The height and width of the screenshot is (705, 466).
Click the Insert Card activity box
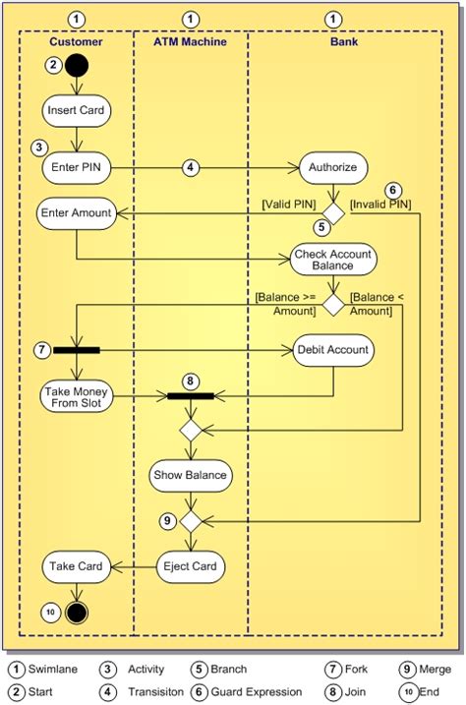coord(76,110)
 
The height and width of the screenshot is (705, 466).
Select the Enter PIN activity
coord(76,168)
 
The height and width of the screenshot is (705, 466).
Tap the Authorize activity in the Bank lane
coord(333,168)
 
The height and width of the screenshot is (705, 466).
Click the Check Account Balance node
coord(333,260)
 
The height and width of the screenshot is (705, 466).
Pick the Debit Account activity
coord(333,350)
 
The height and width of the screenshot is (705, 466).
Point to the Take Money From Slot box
coord(76,396)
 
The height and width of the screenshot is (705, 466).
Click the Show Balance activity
coord(191,475)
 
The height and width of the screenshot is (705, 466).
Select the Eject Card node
coord(191,566)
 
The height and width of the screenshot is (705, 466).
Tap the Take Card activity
coord(76,566)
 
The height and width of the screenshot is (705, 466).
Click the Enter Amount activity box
coord(76,213)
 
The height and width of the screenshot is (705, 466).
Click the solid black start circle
coord(77,65)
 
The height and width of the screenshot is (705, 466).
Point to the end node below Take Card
coord(77,613)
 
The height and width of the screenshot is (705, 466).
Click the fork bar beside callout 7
coord(77,350)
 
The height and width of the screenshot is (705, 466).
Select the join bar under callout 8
coord(191,396)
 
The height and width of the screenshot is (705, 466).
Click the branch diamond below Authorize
coord(333,213)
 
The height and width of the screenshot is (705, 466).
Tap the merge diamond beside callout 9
coord(191,521)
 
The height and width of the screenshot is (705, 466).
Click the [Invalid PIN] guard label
coord(380,205)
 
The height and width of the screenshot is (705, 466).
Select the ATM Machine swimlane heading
coord(190,42)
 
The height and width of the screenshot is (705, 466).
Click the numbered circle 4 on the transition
coord(191,168)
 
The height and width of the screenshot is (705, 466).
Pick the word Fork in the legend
coord(356,669)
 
